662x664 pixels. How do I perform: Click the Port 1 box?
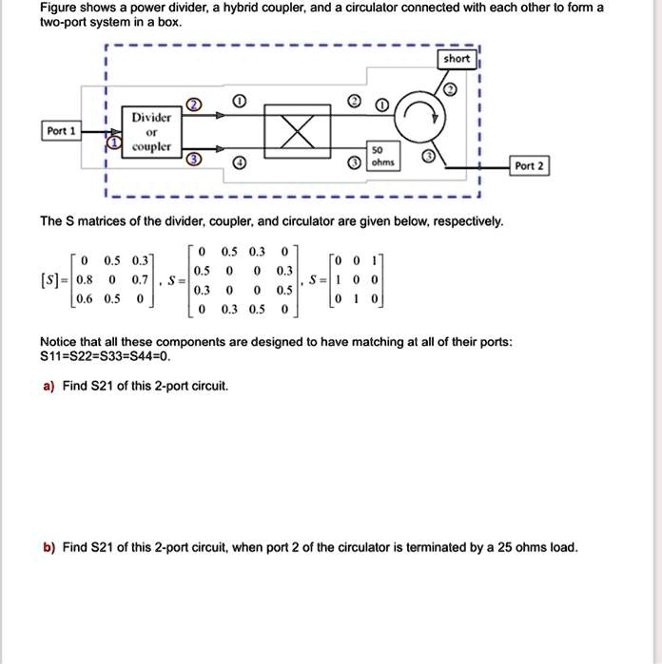[60, 131]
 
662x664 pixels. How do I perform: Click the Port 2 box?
[528, 166]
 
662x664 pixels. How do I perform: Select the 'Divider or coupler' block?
[150, 132]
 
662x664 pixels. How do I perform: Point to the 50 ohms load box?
[379, 158]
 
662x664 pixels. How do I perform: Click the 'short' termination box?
[457, 59]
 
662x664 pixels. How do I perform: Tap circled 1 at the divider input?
[114, 143]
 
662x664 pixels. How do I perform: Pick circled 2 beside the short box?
[450, 89]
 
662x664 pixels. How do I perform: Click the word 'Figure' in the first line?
[61, 7]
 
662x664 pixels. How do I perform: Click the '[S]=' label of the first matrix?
[54, 281]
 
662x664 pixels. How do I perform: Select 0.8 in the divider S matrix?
[84, 281]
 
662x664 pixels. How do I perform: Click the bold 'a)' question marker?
[47, 386]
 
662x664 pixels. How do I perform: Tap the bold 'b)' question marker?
[48, 547]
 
